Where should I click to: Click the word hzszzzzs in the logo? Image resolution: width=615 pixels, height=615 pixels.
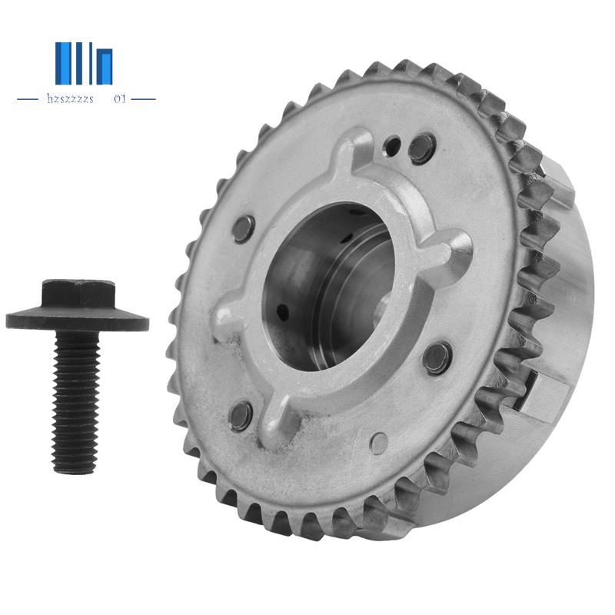pos(69,99)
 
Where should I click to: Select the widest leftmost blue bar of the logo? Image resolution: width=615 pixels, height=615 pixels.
pos(63,63)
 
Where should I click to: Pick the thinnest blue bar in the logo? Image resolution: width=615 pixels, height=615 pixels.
pos(90,63)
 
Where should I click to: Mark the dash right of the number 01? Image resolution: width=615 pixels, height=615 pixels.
pos(143,99)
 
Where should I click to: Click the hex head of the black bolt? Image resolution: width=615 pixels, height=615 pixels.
pos(77,293)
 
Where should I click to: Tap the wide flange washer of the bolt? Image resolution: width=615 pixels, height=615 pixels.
pos(77,319)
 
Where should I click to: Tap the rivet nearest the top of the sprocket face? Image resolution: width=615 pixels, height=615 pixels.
pos(421,148)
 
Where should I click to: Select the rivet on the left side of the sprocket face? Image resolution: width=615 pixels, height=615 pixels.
pos(244,228)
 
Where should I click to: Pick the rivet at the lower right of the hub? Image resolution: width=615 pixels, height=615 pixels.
pos(437,357)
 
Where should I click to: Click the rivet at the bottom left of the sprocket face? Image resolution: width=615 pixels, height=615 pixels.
pos(241,415)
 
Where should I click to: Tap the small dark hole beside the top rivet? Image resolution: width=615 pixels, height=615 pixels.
pos(394,143)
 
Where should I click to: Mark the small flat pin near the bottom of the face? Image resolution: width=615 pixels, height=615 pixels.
pos(378,443)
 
